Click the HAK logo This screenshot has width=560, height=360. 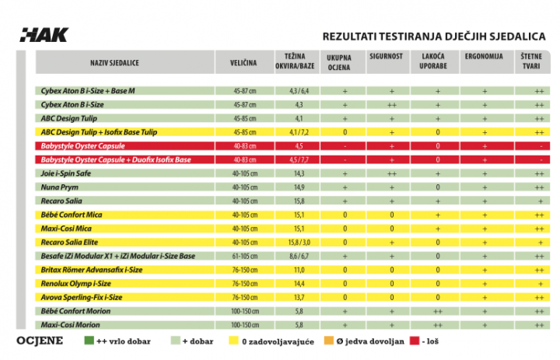(x=44, y=35)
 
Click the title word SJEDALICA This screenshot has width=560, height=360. (x=517, y=37)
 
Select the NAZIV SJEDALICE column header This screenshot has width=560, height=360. (x=114, y=63)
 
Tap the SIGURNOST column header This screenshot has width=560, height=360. (x=386, y=57)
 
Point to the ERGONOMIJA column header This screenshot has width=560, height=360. (x=484, y=57)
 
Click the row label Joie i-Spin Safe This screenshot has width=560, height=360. (x=65, y=173)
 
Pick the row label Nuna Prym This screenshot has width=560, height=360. (x=59, y=187)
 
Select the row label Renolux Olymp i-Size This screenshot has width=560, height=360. (x=75, y=284)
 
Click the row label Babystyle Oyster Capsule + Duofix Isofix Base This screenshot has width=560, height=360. (x=116, y=159)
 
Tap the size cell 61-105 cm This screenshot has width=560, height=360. (x=245, y=256)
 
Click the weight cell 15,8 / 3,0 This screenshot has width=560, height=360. (x=299, y=243)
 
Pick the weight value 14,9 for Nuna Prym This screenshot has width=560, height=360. (x=299, y=187)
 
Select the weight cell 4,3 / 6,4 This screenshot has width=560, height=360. (x=299, y=91)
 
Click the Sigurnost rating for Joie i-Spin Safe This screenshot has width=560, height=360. (x=392, y=174)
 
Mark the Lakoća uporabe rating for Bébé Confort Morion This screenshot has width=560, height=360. (x=437, y=312)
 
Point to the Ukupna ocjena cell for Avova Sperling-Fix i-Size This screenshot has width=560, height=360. (x=345, y=298)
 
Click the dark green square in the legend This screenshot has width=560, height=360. (x=89, y=341)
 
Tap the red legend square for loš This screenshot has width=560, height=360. (x=415, y=341)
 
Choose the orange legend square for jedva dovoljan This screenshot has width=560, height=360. (x=328, y=341)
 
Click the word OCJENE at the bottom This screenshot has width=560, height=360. (x=40, y=341)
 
